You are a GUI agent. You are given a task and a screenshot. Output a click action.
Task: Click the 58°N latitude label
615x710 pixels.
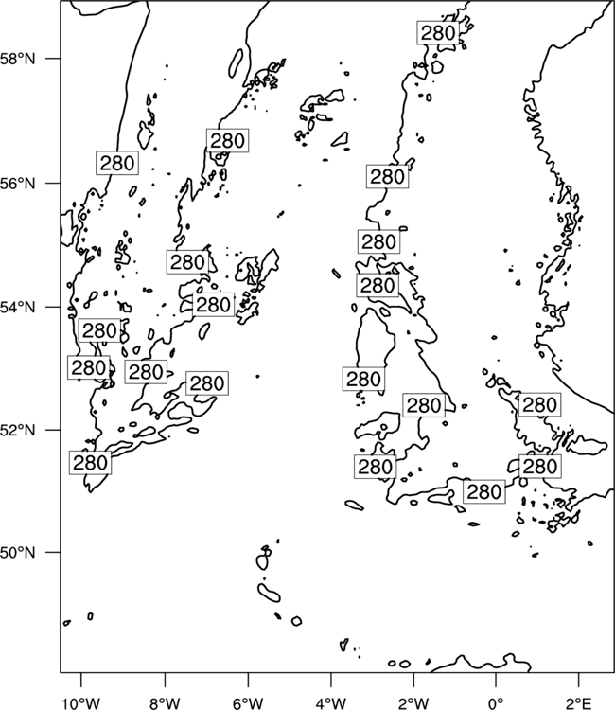coord(18,59)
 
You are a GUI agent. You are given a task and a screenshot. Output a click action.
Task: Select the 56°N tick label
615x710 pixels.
coord(18,184)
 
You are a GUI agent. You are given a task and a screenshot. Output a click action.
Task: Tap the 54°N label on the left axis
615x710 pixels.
coord(18,308)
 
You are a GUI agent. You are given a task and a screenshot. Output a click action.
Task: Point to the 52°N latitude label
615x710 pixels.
coord(18,430)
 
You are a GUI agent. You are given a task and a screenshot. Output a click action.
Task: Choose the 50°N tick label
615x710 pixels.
coord(18,553)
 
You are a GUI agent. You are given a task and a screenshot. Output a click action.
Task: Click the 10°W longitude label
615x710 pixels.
coord(81,703)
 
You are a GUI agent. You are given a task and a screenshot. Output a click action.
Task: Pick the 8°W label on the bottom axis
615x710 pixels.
coord(165,703)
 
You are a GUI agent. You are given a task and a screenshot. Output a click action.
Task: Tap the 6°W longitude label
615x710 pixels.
coord(248,703)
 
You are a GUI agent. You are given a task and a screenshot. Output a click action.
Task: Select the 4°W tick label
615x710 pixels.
coord(331,703)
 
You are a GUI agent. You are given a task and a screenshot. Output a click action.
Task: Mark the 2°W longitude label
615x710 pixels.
coord(413,703)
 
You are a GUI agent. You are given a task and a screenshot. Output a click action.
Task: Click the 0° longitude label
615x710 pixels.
coord(496,703)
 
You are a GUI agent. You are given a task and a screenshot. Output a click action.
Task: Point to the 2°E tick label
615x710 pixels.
coord(579,703)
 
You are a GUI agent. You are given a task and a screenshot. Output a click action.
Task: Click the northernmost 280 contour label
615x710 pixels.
coord(438,32)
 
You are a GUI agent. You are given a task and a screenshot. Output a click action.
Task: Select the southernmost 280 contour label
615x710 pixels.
coord(483,491)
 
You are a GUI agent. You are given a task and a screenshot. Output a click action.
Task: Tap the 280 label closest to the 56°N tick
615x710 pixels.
coord(116,163)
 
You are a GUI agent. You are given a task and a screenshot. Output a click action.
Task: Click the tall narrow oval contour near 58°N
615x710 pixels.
coord(236,62)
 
